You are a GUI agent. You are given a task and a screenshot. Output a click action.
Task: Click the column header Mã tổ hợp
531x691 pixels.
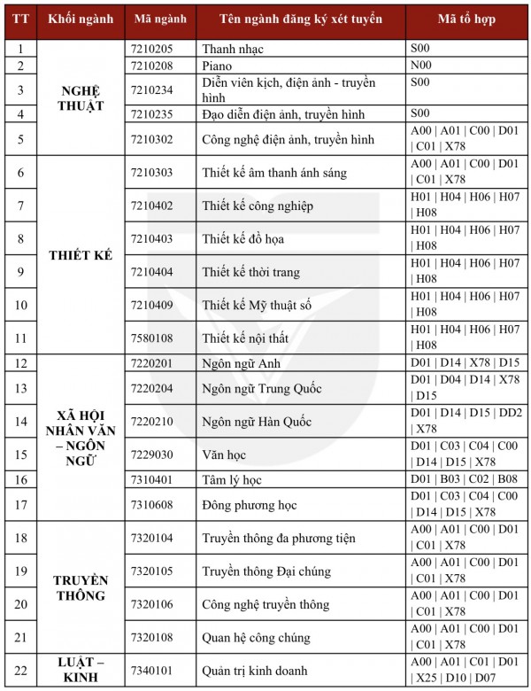pyautogui.click(x=469, y=19)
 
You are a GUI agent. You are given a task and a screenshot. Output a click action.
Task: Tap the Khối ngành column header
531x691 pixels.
pyautogui.click(x=81, y=19)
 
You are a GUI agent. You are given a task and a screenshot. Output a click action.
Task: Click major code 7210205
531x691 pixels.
pyautogui.click(x=151, y=50)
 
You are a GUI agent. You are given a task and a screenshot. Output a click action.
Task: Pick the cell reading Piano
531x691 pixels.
pyautogui.click(x=218, y=66)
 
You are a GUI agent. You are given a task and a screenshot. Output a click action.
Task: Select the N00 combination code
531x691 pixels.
pyautogui.click(x=421, y=66)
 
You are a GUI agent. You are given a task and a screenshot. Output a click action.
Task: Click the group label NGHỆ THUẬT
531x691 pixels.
pyautogui.click(x=81, y=98)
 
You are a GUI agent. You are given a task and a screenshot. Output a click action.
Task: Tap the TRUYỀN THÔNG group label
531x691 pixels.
pyautogui.click(x=81, y=587)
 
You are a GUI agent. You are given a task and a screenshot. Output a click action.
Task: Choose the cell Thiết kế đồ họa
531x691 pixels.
pyautogui.click(x=242, y=238)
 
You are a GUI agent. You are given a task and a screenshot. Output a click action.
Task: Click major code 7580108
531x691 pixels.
pyautogui.click(x=151, y=338)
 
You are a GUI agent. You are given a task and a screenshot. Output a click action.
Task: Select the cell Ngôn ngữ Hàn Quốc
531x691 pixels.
pyautogui.click(x=257, y=422)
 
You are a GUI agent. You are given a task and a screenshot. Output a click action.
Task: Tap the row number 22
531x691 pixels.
pyautogui.click(x=21, y=670)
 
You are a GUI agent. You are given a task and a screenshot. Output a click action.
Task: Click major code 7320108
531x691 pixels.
pyautogui.click(x=151, y=638)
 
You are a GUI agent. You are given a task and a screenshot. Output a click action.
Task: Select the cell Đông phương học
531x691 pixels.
pyautogui.click(x=250, y=505)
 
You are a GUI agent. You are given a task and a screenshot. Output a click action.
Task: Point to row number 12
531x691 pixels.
pyautogui.click(x=21, y=363)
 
